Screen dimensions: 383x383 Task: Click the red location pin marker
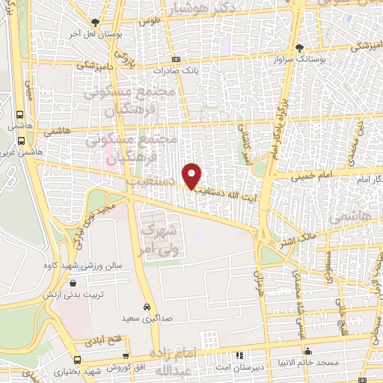pyautogui.click(x=193, y=174)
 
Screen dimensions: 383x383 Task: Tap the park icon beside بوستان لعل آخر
pyautogui.click(x=94, y=22)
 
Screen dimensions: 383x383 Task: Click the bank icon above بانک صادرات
pyautogui.click(x=176, y=59)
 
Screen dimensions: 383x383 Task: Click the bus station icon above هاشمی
pyautogui.click(x=19, y=115)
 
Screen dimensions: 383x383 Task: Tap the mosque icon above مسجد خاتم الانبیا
pyautogui.click(x=308, y=351)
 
